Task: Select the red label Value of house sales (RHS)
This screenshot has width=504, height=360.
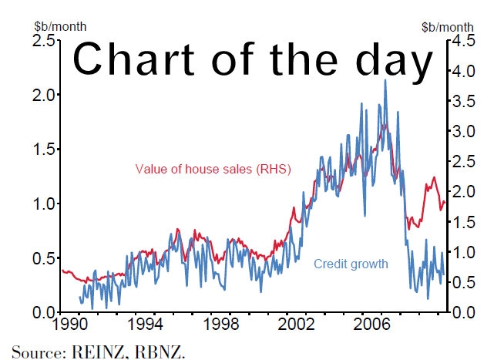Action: pyautogui.click(x=213, y=169)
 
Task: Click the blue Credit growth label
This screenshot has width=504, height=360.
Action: pyautogui.click(x=351, y=264)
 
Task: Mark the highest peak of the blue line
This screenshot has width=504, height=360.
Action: pyautogui.click(x=385, y=80)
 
